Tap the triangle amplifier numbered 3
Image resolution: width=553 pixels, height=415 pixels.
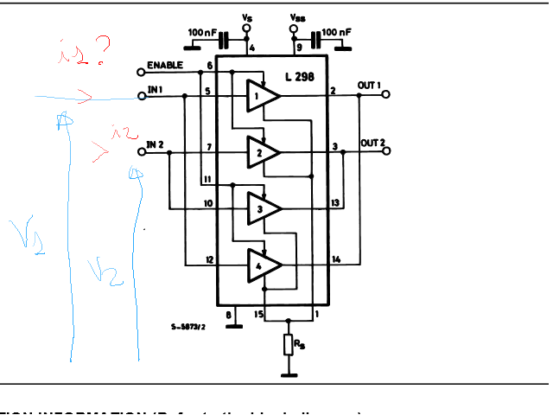[x=261, y=207]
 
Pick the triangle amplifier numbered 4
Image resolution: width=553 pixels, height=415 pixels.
[x=261, y=265]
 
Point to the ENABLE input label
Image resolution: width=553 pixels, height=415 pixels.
[x=164, y=66]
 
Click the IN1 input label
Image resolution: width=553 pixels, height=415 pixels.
[x=156, y=90]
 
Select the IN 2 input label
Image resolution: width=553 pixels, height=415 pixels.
[x=156, y=144]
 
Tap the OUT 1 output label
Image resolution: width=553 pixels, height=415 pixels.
[x=370, y=86]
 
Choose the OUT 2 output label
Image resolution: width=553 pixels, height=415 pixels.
[x=372, y=142]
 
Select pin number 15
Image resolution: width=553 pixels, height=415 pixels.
[x=258, y=315]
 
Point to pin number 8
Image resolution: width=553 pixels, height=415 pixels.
[x=228, y=315]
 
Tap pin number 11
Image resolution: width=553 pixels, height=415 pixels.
[x=207, y=179]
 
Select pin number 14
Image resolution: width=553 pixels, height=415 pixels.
[x=336, y=259]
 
